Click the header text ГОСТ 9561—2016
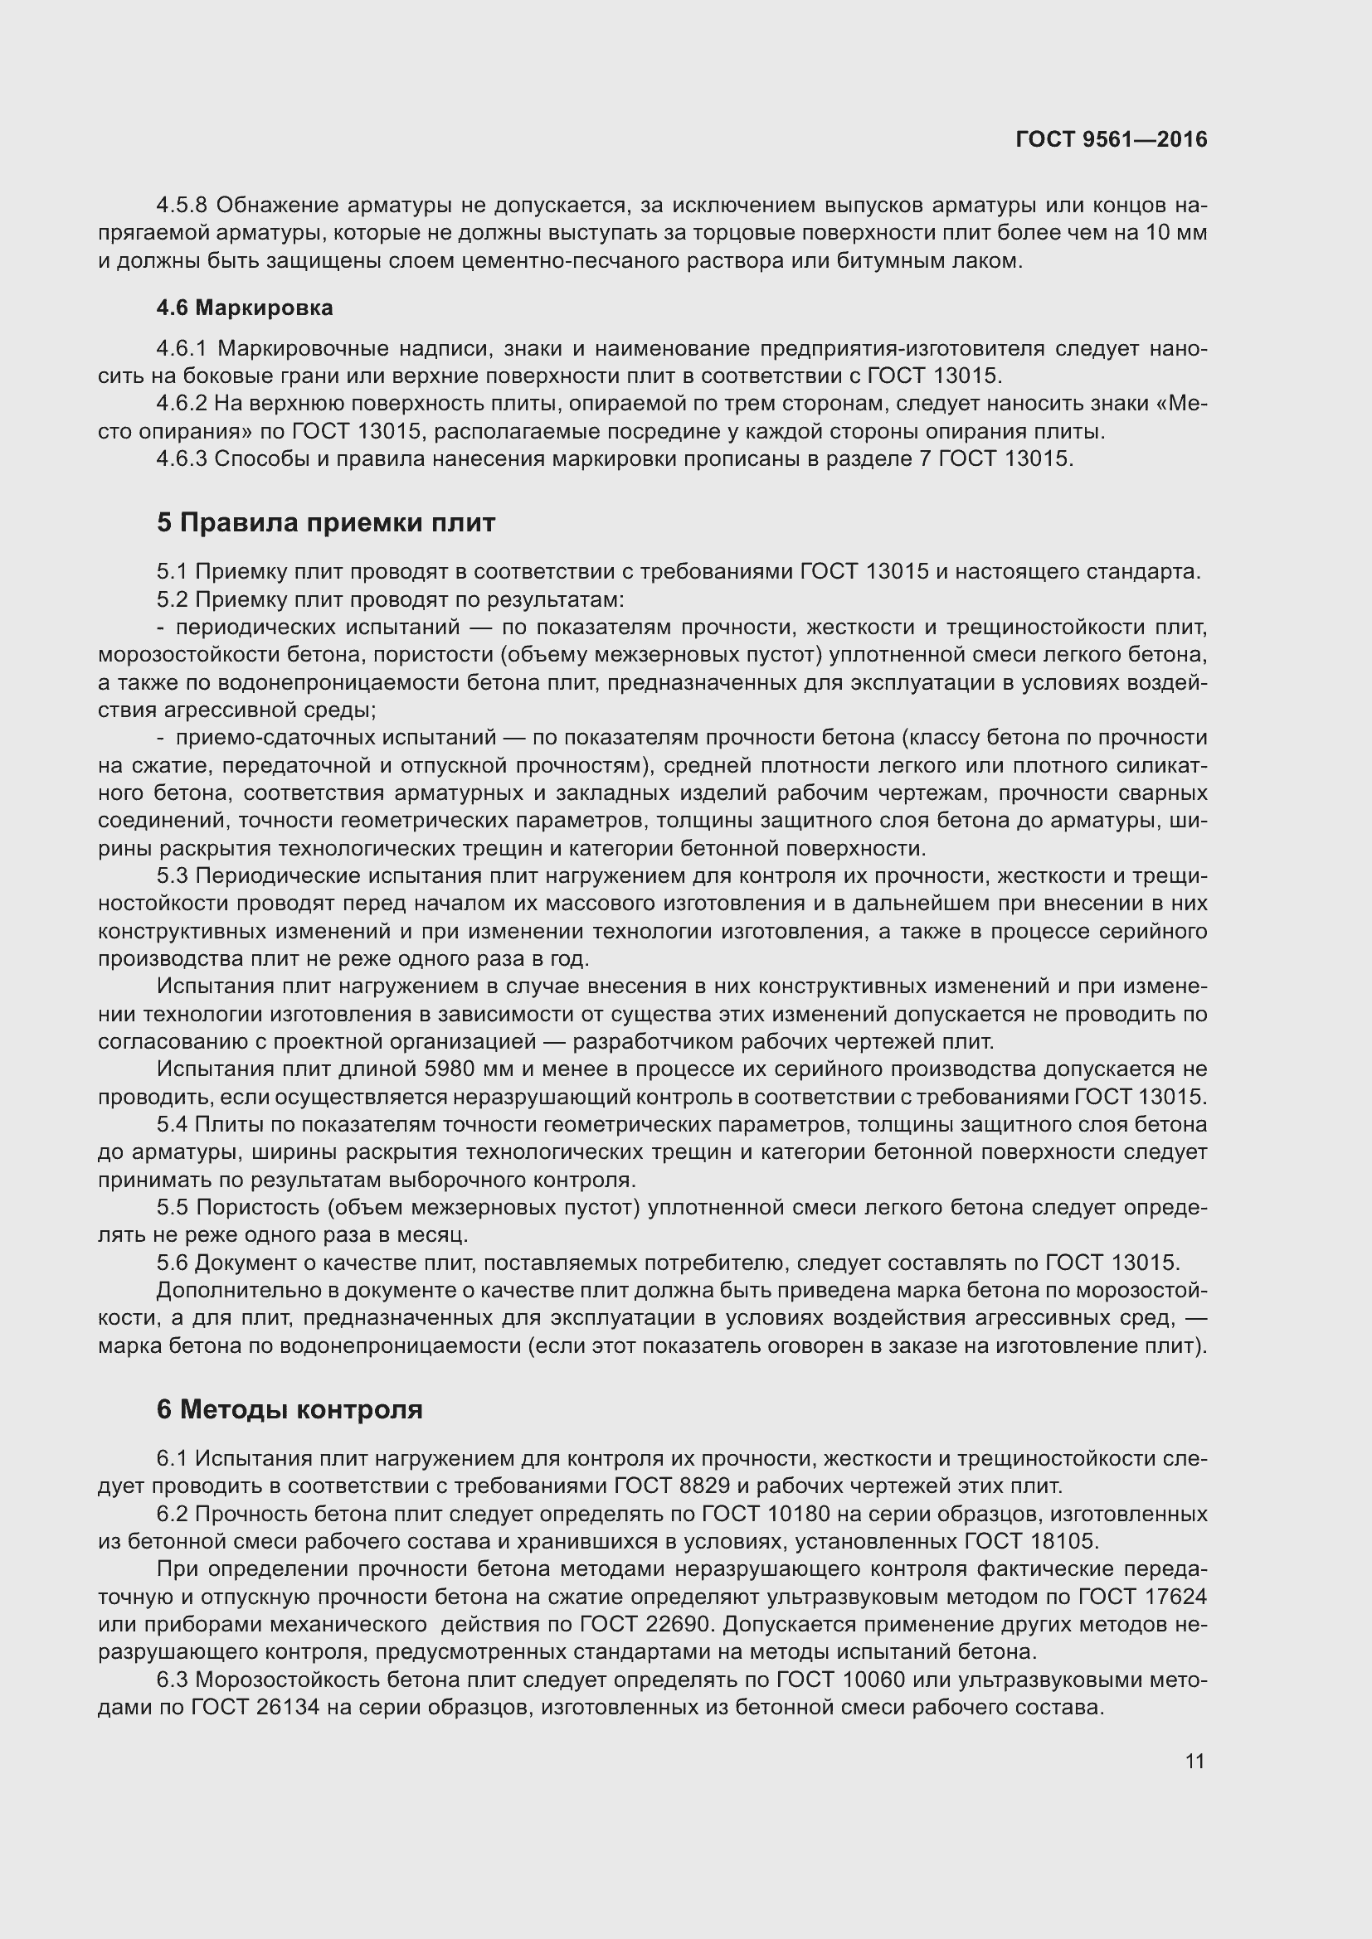(1111, 139)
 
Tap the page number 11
(1194, 1761)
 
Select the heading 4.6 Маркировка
(244, 308)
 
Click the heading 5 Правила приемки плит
(325, 523)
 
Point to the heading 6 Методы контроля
(289, 1409)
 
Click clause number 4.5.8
(182, 206)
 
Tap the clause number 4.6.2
(182, 404)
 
